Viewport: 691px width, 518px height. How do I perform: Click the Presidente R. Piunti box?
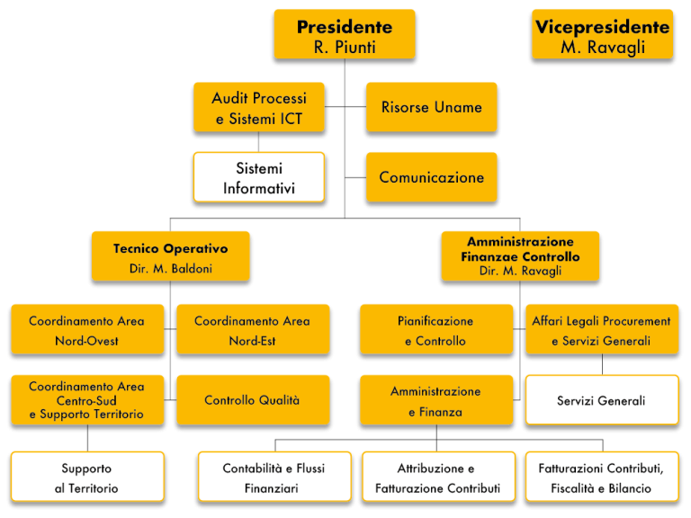tap(345, 34)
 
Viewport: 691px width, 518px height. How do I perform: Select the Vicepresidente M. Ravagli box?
tap(603, 34)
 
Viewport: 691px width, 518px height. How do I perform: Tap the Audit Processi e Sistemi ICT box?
tap(259, 108)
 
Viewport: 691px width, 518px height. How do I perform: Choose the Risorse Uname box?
tap(432, 108)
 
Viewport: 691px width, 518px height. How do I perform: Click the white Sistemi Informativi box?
tap(259, 177)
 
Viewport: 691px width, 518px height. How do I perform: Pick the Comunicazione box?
tap(432, 177)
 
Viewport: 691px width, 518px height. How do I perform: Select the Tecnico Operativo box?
tap(171, 256)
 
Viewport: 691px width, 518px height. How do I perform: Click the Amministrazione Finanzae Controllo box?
tap(520, 256)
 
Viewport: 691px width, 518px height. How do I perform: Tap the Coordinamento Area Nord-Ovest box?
tap(87, 329)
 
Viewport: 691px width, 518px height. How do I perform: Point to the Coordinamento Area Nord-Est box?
tap(253, 329)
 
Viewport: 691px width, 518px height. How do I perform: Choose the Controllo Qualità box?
tap(253, 400)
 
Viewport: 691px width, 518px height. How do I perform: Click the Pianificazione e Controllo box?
tap(436, 329)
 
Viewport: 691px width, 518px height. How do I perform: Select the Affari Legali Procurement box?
tap(602, 329)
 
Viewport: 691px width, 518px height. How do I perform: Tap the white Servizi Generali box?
tap(602, 400)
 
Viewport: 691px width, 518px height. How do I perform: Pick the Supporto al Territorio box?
tap(87, 477)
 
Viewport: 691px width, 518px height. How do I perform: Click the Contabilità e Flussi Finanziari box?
tap(274, 477)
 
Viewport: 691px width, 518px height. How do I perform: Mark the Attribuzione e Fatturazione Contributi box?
tap(438, 477)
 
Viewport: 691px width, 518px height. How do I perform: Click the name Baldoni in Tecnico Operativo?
tap(192, 268)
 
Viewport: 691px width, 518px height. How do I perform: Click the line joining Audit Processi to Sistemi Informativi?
tap(259, 142)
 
